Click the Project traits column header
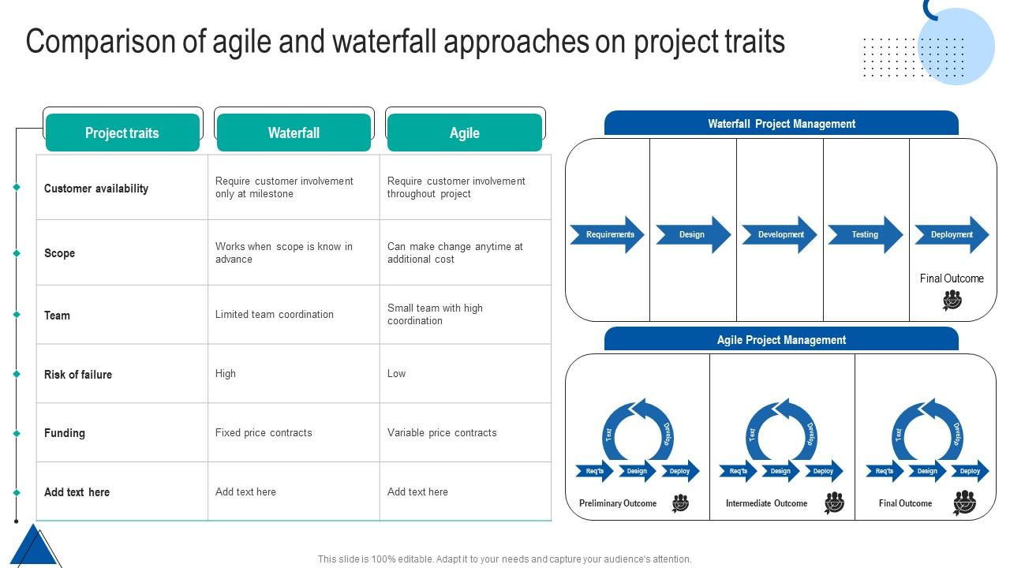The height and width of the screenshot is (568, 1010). [x=122, y=133]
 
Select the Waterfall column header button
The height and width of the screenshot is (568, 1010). [x=294, y=133]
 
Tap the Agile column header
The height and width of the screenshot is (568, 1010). [x=465, y=133]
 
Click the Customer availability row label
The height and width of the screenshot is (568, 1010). [x=96, y=189]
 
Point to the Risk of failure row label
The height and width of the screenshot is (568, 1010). [x=78, y=375]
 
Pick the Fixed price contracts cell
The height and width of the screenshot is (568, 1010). [x=264, y=432]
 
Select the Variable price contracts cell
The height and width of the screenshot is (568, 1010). [x=442, y=432]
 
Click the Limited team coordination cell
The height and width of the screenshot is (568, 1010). [x=275, y=314]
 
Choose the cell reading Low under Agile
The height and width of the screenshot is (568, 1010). [x=396, y=373]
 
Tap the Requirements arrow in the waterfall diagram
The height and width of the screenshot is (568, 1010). [x=608, y=234]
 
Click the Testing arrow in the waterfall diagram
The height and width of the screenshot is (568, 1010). [x=865, y=234]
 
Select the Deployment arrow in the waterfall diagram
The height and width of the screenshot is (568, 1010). [x=951, y=234]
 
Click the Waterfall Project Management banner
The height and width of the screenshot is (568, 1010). [x=781, y=124]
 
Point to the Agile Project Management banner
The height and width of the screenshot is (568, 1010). [x=781, y=340]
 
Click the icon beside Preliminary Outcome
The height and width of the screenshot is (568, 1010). [x=680, y=503]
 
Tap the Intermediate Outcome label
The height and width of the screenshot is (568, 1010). [x=766, y=503]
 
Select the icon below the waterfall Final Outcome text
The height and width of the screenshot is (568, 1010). [x=952, y=301]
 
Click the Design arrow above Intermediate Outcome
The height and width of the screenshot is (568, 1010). [x=780, y=471]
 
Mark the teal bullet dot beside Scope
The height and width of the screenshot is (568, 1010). [x=17, y=253]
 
